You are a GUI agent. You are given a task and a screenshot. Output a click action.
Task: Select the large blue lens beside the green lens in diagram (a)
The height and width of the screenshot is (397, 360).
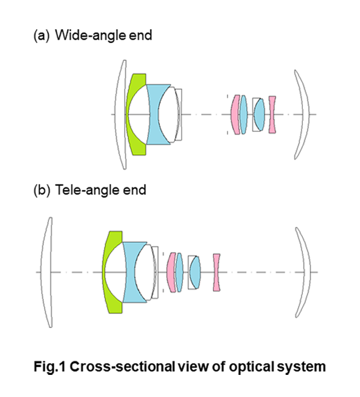coord(154,114)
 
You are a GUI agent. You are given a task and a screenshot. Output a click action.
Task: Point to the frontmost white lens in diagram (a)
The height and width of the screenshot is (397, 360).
coord(121,114)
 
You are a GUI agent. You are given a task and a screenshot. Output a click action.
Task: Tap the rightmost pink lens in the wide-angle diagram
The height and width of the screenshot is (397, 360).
coord(273,114)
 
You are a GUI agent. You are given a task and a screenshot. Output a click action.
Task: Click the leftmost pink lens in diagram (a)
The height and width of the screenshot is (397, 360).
coord(236,114)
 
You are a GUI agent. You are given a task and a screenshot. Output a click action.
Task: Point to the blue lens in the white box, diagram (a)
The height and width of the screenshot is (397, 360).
coord(260,114)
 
